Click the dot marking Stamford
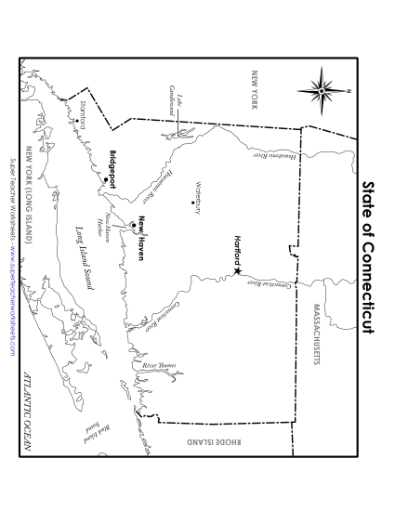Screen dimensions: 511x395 point(90,120)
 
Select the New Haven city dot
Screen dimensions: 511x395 point(134,224)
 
